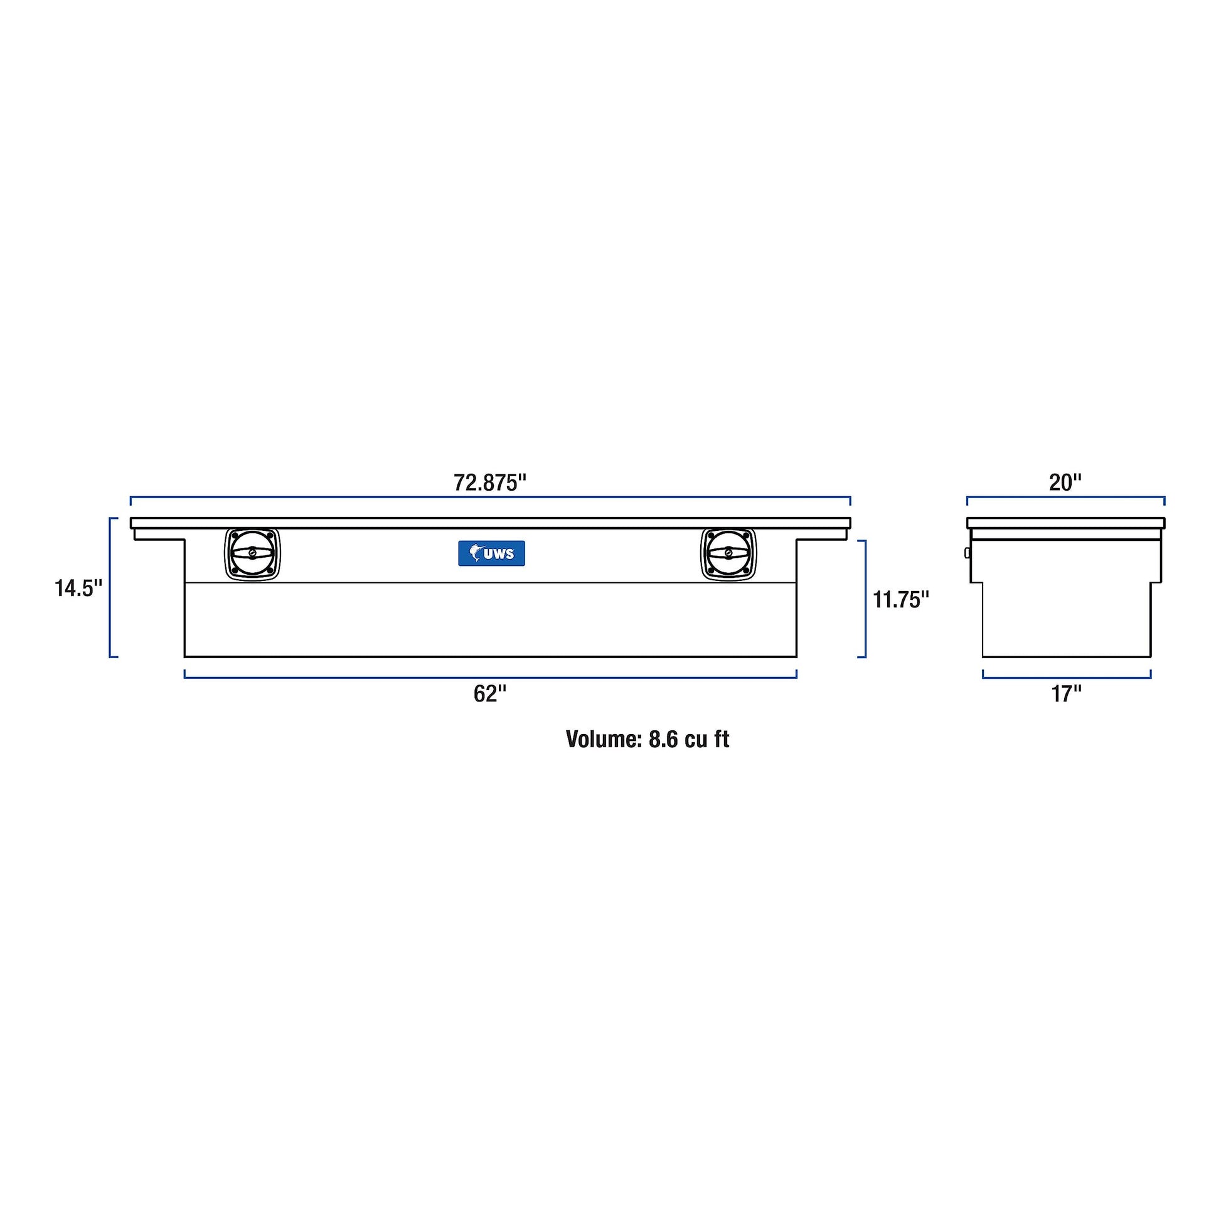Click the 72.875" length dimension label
[x=490, y=483]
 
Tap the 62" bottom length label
[x=490, y=694]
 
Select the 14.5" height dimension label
[x=78, y=589]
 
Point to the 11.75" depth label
[x=900, y=599]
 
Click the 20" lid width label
[x=1065, y=483]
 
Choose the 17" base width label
[x=1066, y=694]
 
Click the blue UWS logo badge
[x=491, y=553]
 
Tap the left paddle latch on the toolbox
[x=252, y=553]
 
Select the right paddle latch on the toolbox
[x=728, y=553]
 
